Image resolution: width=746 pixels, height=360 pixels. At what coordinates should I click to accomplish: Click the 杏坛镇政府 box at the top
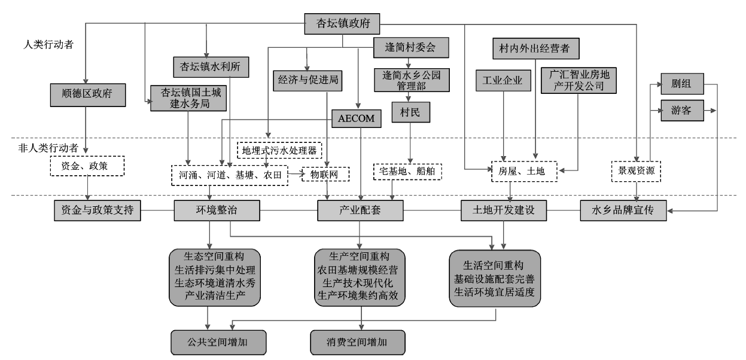click(x=342, y=24)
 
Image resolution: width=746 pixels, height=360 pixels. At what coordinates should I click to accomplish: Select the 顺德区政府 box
click(x=88, y=95)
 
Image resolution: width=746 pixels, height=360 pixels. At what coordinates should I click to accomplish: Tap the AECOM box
click(x=357, y=118)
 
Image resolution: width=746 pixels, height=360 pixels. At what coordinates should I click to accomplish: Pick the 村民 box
click(x=410, y=112)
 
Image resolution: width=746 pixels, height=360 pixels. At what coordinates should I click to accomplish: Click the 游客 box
click(x=682, y=110)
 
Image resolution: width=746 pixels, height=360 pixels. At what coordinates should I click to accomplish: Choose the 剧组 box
click(x=682, y=84)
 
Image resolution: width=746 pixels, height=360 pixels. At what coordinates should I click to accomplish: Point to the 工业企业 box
click(x=503, y=80)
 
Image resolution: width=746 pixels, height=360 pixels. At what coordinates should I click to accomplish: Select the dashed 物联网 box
click(x=325, y=174)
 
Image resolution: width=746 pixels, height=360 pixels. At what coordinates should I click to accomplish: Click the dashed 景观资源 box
click(x=636, y=171)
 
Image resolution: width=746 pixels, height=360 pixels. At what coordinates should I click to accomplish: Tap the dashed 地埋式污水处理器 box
click(x=279, y=151)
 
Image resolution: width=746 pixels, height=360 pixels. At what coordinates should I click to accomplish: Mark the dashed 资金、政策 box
click(x=87, y=166)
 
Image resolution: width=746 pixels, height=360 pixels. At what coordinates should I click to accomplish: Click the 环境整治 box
click(x=217, y=210)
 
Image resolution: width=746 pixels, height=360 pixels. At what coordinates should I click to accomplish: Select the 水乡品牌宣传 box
click(x=623, y=210)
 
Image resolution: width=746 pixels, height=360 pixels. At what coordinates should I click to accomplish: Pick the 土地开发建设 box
click(x=504, y=210)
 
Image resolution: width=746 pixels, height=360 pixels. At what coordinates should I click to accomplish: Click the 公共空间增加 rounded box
click(x=218, y=342)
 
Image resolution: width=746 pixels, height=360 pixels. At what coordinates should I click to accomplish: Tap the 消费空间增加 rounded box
click(x=358, y=342)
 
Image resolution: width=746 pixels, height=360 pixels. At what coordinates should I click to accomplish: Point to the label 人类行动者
click(x=48, y=45)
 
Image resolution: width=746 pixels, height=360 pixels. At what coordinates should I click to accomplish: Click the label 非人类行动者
click(x=48, y=148)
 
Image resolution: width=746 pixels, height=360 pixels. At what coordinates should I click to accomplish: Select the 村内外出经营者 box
click(x=536, y=48)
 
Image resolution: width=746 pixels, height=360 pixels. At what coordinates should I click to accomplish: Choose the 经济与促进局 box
click(x=307, y=80)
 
